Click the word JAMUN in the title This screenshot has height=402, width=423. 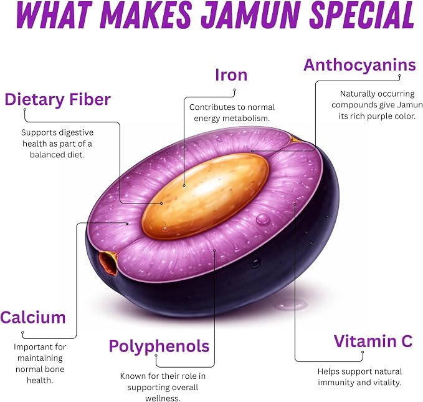[x=251, y=14]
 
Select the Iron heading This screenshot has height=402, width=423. [x=231, y=75]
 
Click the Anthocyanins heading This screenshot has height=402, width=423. [x=359, y=65]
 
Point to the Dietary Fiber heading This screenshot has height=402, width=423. [x=58, y=99]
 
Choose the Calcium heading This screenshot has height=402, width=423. [x=33, y=317]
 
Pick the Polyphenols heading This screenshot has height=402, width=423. [x=159, y=346]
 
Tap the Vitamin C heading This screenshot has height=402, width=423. [x=373, y=341]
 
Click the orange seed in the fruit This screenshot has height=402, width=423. [x=206, y=196]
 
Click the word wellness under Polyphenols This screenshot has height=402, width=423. [x=163, y=398]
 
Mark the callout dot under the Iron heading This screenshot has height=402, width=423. [x=235, y=90]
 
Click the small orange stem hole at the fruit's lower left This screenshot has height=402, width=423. [x=109, y=262]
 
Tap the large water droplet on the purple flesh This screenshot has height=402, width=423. [x=263, y=218]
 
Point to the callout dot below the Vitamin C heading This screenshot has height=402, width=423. [x=363, y=352]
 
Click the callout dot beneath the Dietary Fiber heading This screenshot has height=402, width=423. [x=25, y=110]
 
